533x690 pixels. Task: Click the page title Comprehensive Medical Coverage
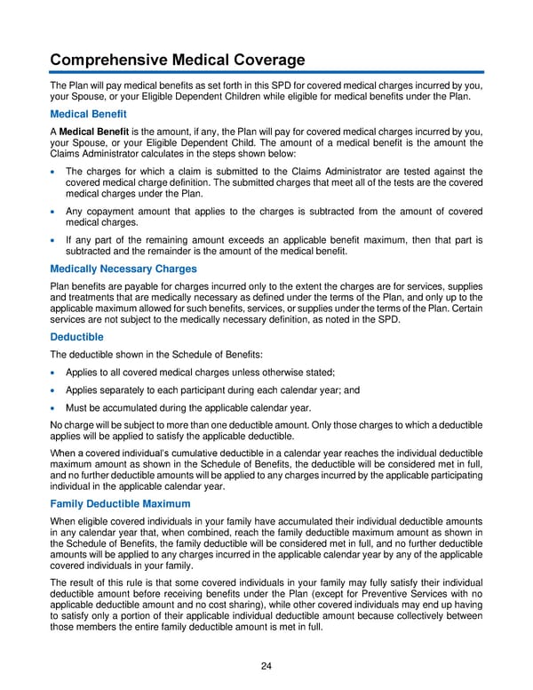point(177,60)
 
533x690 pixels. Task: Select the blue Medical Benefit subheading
point(88,114)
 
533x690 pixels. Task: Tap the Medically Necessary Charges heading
point(123,269)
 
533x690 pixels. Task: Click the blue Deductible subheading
point(76,337)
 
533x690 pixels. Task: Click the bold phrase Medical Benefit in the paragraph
point(98,132)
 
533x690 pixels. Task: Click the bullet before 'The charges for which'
point(55,172)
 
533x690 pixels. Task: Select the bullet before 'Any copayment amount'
point(55,212)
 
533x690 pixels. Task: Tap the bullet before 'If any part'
point(55,240)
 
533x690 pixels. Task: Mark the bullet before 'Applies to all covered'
point(55,372)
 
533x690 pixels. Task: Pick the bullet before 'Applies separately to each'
point(55,390)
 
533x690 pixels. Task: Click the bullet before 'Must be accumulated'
point(55,409)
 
